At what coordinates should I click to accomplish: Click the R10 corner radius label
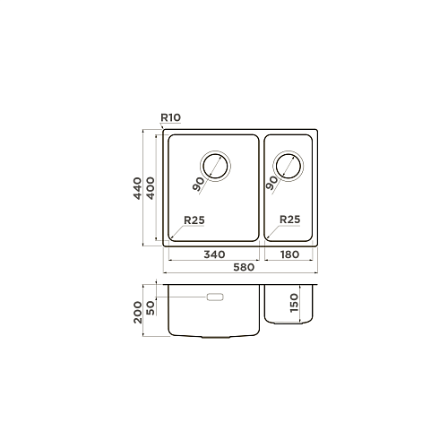click(x=171, y=117)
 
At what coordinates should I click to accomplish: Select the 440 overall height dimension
click(x=137, y=188)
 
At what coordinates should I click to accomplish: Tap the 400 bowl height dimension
click(x=151, y=188)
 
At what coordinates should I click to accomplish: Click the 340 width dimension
click(x=214, y=254)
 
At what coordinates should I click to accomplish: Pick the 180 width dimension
click(x=289, y=254)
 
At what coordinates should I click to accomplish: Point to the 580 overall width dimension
click(x=244, y=267)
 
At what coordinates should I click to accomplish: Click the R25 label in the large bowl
click(x=194, y=220)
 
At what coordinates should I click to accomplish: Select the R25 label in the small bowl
click(x=289, y=220)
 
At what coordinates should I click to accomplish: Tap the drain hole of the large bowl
click(x=215, y=166)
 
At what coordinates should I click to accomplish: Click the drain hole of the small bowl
click(x=289, y=166)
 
